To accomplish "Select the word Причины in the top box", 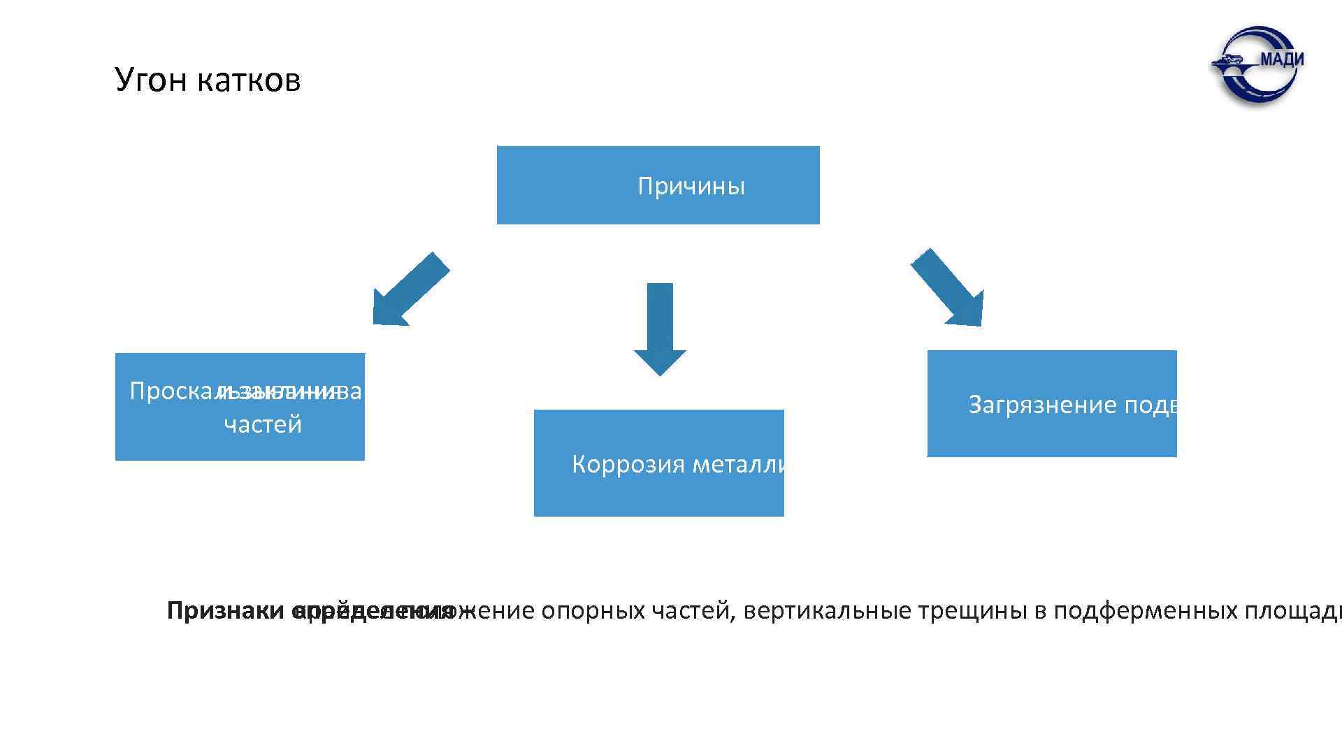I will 691,187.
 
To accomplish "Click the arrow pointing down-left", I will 409,289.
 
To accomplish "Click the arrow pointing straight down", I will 660,329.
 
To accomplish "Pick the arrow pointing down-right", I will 949,288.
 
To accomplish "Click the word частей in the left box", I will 263,424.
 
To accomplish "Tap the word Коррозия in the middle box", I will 628,464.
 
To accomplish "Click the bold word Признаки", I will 225,611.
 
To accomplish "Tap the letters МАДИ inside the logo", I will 1281,59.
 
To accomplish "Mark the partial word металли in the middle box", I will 740,464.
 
